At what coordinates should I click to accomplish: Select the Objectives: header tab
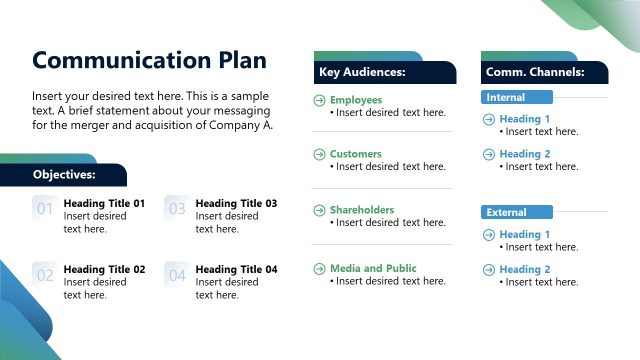click(x=64, y=174)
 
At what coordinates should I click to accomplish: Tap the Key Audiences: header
click(x=362, y=72)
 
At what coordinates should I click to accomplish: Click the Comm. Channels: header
click(x=533, y=72)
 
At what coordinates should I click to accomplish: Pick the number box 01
click(x=44, y=209)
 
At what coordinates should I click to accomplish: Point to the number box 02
click(x=44, y=275)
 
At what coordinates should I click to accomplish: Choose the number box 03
click(x=176, y=209)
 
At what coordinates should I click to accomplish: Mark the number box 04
click(x=176, y=275)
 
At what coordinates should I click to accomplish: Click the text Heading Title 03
click(x=236, y=203)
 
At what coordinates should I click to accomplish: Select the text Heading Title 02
click(x=104, y=269)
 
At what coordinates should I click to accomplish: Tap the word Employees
click(x=355, y=100)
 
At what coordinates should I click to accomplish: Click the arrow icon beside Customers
click(x=319, y=154)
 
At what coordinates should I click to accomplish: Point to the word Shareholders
click(x=361, y=210)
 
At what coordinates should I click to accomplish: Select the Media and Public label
click(x=373, y=268)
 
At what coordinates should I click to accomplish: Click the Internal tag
click(x=505, y=98)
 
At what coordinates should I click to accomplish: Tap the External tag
click(x=506, y=213)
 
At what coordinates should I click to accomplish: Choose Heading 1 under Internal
click(x=525, y=119)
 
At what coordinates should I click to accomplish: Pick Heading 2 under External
click(x=525, y=269)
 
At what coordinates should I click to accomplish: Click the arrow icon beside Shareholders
click(x=319, y=210)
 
